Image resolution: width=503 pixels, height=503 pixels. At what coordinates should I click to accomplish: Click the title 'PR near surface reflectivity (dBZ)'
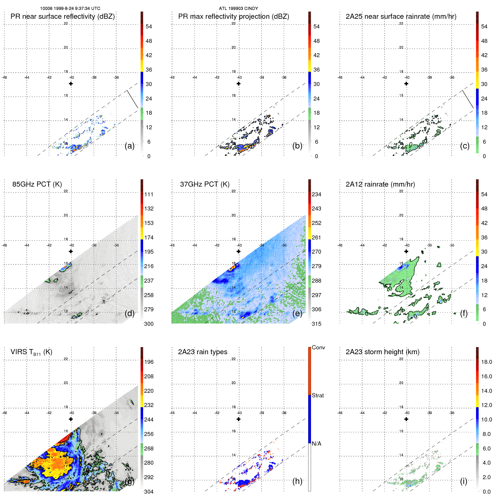62,16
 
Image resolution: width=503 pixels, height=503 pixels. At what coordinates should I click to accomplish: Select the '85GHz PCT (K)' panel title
37,184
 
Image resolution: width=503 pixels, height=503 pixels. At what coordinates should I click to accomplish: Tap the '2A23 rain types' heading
203,352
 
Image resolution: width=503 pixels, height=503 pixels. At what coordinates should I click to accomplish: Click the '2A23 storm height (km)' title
382,352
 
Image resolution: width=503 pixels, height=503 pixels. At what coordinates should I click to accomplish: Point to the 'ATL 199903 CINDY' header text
238,9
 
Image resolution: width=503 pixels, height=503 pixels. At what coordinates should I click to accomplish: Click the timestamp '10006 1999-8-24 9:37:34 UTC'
70,9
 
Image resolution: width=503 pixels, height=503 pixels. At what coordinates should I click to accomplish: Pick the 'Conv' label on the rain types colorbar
318,347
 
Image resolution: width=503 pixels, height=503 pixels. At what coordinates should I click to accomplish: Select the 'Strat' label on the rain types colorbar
318,395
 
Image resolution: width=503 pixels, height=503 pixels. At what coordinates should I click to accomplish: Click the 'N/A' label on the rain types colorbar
316,444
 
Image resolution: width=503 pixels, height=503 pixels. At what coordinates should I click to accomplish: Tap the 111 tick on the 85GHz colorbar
149,194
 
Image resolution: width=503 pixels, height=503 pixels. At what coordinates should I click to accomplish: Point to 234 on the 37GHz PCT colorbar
316,194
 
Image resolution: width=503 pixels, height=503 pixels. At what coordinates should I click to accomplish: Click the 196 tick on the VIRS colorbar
149,362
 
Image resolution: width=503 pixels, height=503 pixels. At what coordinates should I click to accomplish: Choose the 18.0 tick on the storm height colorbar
486,362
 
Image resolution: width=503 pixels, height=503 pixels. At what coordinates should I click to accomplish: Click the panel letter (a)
130,146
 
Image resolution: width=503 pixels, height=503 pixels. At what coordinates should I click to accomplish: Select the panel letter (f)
464,313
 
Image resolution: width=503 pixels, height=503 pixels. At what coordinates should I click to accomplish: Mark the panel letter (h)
297,481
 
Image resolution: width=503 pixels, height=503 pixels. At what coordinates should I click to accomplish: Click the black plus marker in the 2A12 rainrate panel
406,251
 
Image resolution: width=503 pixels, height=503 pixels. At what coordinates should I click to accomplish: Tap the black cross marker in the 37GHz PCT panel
239,251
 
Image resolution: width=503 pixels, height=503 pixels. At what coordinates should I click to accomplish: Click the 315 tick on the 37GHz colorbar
316,324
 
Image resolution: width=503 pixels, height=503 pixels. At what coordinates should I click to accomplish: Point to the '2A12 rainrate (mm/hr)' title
380,184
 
